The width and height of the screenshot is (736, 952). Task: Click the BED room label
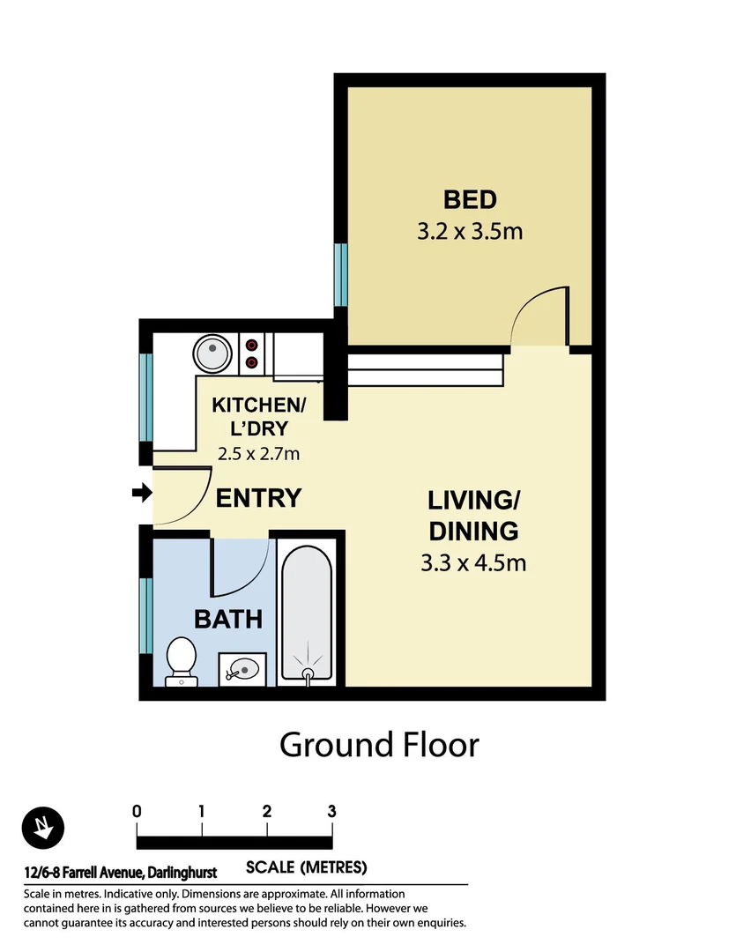click(x=470, y=199)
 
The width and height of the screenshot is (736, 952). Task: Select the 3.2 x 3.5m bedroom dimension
click(x=470, y=232)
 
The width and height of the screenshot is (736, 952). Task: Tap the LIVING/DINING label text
click(x=473, y=516)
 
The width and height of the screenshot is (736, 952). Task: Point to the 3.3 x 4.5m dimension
click(x=473, y=562)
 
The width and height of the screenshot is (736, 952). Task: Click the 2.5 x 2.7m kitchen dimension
click(x=258, y=455)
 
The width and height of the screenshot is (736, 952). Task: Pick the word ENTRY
click(x=258, y=498)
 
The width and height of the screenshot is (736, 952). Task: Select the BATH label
click(x=228, y=619)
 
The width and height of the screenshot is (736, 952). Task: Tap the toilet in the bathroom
click(x=182, y=660)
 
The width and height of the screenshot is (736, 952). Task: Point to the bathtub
click(x=307, y=617)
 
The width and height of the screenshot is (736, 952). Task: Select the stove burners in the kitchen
click(x=252, y=353)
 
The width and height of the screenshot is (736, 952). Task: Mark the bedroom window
click(x=340, y=272)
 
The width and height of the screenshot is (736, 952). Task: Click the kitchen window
click(x=146, y=396)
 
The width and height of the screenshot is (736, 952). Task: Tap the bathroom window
click(x=146, y=615)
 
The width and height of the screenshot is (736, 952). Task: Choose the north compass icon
click(x=42, y=828)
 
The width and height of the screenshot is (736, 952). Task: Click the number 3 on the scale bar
click(x=331, y=811)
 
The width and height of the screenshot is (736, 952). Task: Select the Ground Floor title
click(x=379, y=745)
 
